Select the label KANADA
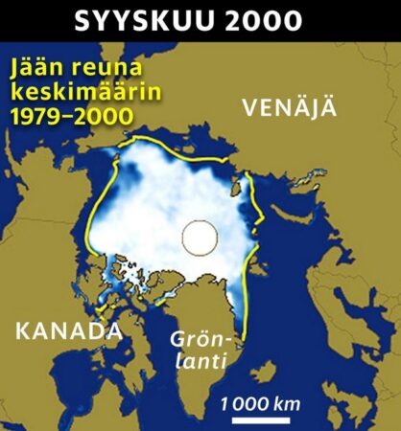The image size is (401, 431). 67,331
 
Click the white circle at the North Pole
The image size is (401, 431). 200,236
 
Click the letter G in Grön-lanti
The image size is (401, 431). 177,339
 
